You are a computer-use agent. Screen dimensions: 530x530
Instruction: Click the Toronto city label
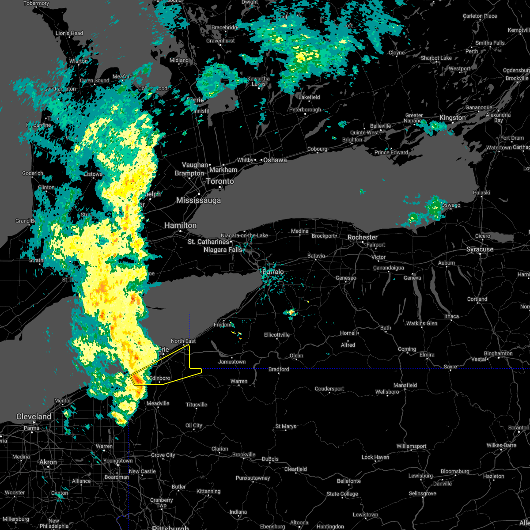(220, 182)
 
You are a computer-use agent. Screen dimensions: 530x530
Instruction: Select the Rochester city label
(362, 237)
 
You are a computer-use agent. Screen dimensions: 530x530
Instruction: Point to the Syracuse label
(480, 250)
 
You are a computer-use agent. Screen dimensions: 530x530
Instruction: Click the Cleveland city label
(34, 416)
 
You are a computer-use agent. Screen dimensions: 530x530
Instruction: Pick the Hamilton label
(180, 225)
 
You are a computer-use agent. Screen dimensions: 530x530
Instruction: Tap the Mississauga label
(198, 201)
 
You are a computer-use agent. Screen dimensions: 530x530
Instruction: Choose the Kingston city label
(452, 117)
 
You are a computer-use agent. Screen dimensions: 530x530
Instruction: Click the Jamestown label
(232, 362)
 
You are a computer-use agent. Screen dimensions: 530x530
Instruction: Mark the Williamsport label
(411, 446)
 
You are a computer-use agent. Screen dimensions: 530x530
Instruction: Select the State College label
(342, 494)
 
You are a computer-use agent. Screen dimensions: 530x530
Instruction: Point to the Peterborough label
(305, 110)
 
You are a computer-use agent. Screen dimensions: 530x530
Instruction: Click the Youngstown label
(118, 461)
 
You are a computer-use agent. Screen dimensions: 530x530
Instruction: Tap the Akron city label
(48, 462)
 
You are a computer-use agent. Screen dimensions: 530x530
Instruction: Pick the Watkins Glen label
(422, 323)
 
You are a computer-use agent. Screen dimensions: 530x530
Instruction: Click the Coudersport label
(329, 389)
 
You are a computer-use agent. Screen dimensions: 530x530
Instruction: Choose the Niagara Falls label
(223, 250)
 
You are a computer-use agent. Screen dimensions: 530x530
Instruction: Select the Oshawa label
(275, 160)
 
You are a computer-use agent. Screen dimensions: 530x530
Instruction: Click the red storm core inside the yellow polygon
(138, 379)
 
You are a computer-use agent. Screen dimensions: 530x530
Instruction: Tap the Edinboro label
(159, 378)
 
